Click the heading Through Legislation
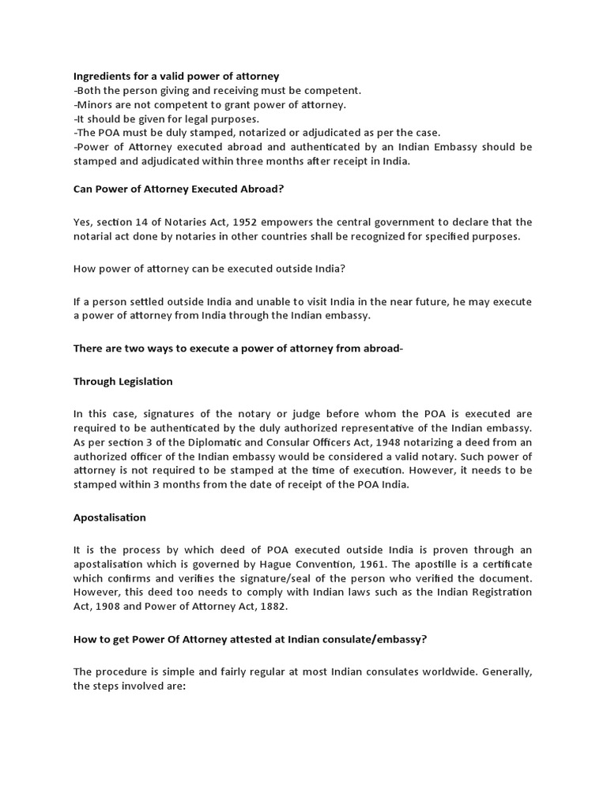[x=123, y=382]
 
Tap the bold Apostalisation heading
[x=110, y=517]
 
